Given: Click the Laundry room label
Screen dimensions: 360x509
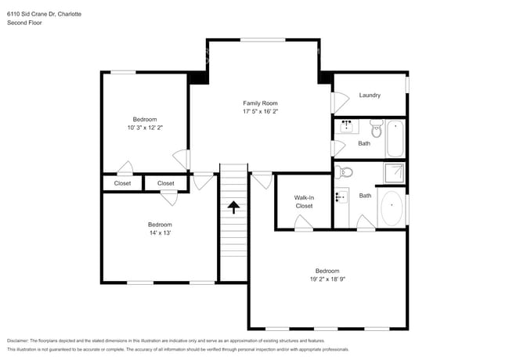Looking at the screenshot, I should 370,95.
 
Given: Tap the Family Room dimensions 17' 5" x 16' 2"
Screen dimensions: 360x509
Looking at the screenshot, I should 261,112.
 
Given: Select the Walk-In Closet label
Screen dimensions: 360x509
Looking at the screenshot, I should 304,202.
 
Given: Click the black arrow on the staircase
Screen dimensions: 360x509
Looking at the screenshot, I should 233,207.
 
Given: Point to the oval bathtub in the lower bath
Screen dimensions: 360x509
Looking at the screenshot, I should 392,209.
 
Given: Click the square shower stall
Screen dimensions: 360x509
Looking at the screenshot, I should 394,172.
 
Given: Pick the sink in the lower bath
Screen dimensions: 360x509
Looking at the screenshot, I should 341,196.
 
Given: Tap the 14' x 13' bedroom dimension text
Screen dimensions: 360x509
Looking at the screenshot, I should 160,232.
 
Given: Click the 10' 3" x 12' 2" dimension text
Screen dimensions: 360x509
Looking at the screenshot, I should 145,128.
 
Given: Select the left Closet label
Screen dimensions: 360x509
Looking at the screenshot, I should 123,183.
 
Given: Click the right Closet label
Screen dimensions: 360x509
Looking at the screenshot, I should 166,183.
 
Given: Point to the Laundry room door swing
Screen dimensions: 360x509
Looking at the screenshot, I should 341,102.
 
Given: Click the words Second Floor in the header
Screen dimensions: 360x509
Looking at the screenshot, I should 24,23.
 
